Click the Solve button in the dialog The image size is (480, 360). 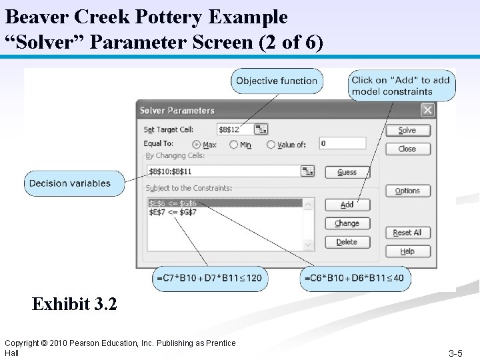point(407,131)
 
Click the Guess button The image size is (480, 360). point(347,172)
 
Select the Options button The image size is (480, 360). point(407,191)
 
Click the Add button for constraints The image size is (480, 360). point(347,205)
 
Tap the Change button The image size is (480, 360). point(347,223)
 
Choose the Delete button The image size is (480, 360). point(347,242)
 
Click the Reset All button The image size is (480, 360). point(407,233)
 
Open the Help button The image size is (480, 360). point(407,251)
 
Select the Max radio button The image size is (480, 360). point(197,144)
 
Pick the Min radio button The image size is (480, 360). point(234,144)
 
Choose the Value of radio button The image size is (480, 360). point(271,144)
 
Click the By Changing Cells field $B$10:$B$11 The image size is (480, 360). point(223,171)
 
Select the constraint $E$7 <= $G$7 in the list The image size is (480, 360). point(173,212)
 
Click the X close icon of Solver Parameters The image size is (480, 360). point(427,110)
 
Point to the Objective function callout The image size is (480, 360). point(277,81)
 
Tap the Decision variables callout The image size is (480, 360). point(75,183)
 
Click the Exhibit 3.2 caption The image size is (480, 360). point(75,305)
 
